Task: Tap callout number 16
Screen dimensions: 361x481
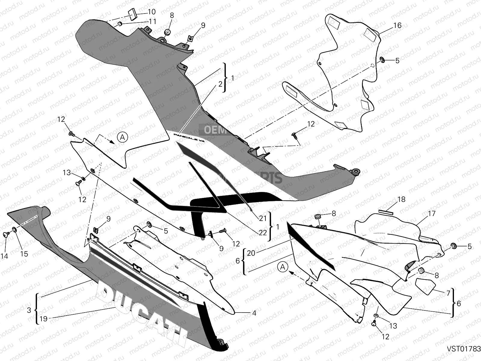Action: [x=397, y=26]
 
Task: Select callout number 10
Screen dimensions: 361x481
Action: [x=152, y=12]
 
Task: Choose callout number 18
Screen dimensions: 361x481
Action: [x=401, y=199]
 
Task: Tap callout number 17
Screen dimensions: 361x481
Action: [x=432, y=214]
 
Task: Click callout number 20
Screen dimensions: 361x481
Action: [x=251, y=253]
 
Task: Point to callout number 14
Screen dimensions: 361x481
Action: [x=4, y=256]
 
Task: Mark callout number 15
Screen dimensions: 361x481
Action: [x=24, y=254]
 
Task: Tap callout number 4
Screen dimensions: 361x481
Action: [x=254, y=313]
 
